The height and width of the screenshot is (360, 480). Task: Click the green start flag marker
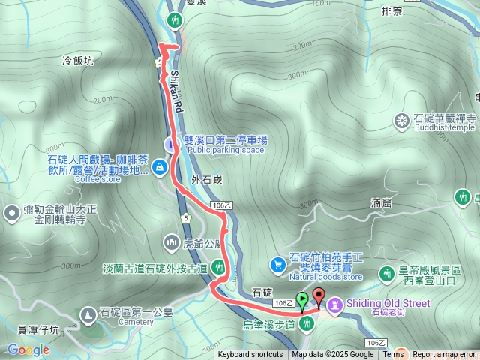[301, 301]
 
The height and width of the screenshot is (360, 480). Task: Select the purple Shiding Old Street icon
[334, 304]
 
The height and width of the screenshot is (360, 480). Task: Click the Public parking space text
[226, 150]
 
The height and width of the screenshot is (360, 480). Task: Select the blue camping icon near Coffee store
[159, 169]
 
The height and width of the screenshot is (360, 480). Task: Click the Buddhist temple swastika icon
[402, 119]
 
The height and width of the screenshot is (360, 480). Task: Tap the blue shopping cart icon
[277, 263]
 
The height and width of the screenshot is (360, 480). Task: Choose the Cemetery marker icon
[88, 312]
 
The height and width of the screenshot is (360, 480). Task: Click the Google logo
[28, 349]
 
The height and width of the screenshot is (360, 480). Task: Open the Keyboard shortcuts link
[250, 355]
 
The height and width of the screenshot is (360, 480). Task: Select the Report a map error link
[445, 355]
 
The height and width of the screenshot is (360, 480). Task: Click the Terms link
[393, 355]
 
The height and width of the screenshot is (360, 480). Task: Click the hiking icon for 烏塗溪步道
[306, 324]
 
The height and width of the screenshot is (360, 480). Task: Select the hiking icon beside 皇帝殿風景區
[386, 274]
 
